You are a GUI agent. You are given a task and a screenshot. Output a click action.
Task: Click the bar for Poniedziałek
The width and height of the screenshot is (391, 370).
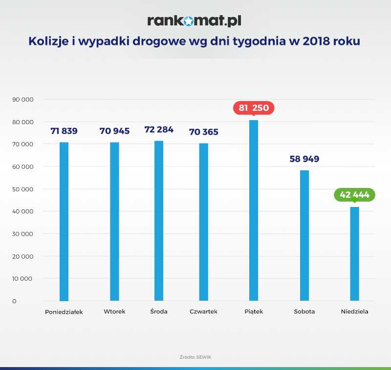64,222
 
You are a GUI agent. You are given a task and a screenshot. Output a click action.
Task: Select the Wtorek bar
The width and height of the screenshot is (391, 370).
114,222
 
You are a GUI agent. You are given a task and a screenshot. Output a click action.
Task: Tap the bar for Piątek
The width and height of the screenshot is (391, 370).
254,210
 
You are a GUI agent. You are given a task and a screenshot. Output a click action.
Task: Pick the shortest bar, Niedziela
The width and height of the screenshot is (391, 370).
354,254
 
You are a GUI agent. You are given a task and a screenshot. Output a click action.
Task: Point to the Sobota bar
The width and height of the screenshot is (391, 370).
304,236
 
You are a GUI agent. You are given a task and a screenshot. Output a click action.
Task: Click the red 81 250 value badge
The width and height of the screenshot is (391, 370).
254,108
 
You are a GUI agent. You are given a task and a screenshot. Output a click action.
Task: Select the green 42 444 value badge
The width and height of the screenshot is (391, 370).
354,195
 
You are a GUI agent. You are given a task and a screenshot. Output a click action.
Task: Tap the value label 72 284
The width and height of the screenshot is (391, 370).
159,130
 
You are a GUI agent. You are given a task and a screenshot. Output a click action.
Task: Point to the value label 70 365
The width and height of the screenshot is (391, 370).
204,132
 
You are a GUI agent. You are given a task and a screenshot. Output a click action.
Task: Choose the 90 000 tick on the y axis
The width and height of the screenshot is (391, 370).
22,100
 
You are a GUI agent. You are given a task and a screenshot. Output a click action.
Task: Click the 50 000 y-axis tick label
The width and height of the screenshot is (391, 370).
22,189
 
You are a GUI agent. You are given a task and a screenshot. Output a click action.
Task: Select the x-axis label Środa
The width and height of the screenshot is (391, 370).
159,311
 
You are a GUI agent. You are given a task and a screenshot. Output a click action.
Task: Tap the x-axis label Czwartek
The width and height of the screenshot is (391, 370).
203,311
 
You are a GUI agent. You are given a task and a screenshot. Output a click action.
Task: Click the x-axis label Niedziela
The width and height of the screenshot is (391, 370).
354,311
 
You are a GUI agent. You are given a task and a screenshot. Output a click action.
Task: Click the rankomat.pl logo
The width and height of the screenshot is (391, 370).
195,21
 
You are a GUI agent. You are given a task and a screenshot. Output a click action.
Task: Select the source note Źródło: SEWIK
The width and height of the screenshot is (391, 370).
195,357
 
